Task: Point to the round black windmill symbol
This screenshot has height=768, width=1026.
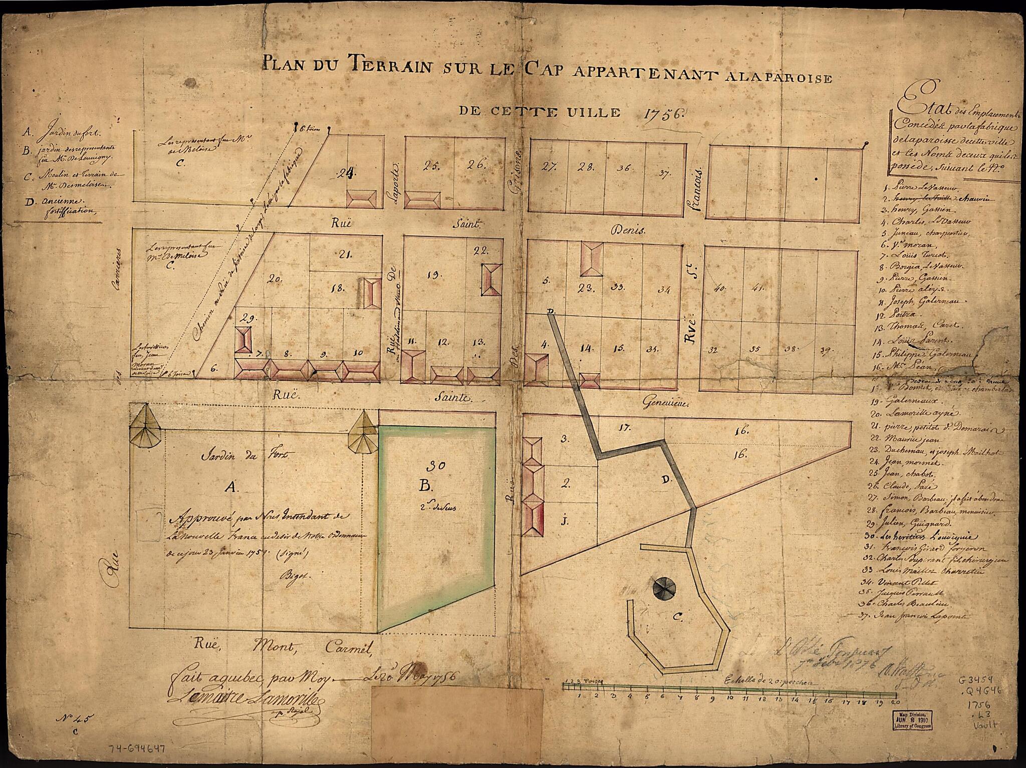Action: click(665, 587)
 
